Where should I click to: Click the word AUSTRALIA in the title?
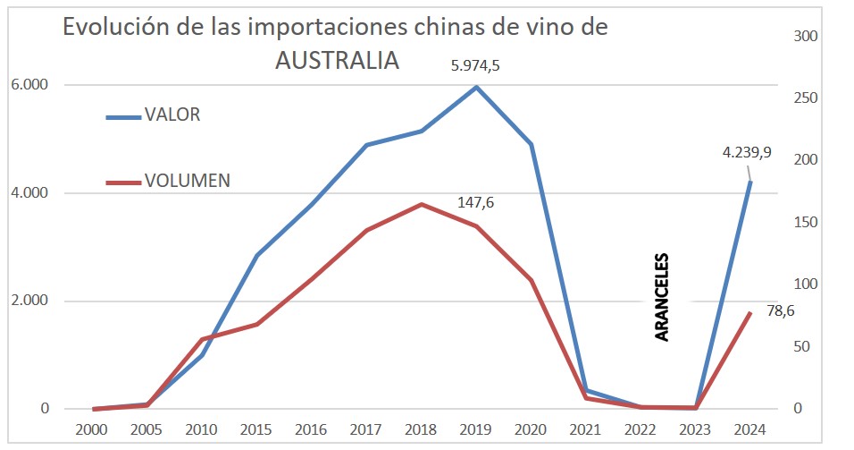pos(337,61)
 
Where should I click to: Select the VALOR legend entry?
pos(172,115)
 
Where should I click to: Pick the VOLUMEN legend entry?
pos(187,180)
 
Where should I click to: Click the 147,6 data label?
pos(475,203)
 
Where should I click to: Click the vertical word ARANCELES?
pos(662,296)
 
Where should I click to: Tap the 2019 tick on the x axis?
pos(476,429)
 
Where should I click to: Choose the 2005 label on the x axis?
pos(147,429)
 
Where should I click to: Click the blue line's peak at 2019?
pos(476,87)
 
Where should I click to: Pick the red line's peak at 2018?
pos(422,204)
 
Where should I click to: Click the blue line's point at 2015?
pos(257,255)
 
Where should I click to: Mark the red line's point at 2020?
pos(532,281)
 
